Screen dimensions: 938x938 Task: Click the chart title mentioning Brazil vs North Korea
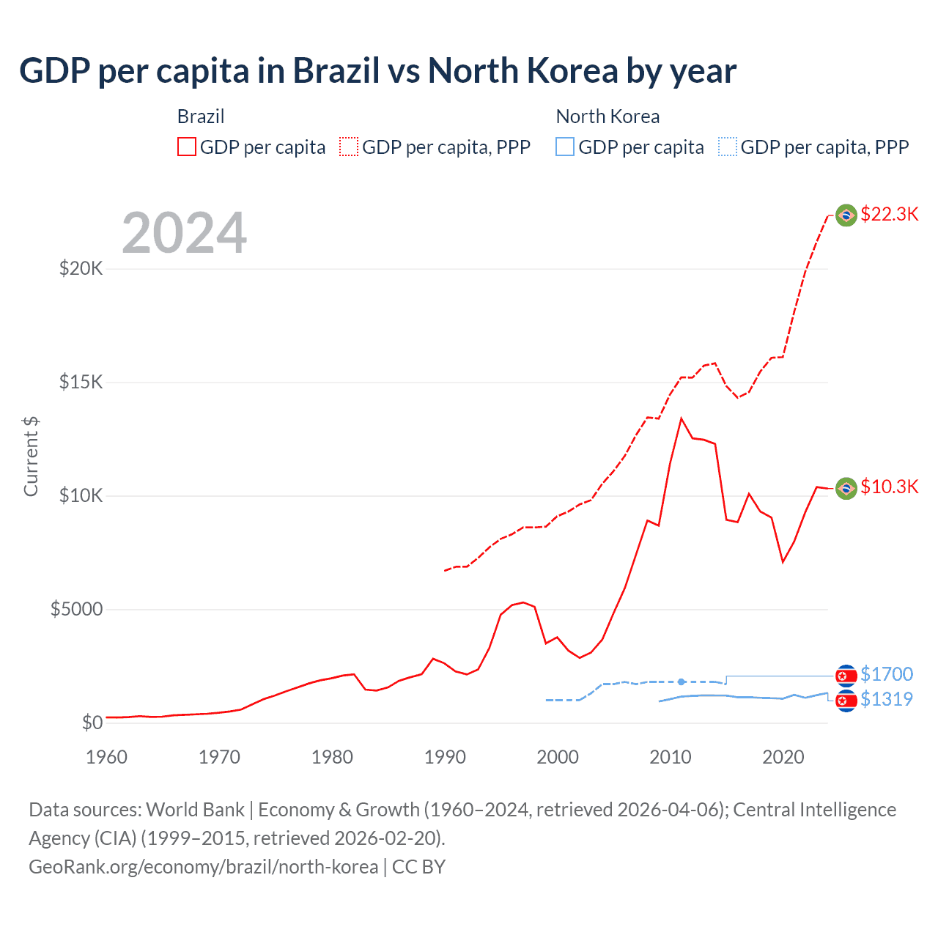(x=377, y=71)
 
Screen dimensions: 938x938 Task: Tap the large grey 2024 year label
(x=184, y=233)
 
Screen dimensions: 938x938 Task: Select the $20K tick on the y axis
(x=81, y=268)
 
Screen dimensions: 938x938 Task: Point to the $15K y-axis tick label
(x=81, y=382)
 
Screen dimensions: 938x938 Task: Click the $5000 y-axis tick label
(x=76, y=609)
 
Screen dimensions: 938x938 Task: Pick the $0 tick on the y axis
(x=92, y=723)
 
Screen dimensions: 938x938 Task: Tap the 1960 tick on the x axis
(x=107, y=757)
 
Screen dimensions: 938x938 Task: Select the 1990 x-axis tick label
(x=445, y=757)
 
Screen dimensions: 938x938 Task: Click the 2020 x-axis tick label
(x=783, y=757)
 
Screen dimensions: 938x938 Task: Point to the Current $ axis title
(x=31, y=456)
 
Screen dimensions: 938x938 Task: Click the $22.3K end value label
(x=889, y=214)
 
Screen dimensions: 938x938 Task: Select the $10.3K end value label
(x=889, y=487)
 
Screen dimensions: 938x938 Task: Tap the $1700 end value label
(x=886, y=673)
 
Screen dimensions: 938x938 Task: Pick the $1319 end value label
(x=886, y=699)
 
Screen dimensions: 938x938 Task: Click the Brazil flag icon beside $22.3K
(x=846, y=215)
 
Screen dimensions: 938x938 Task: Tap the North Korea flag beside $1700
(x=846, y=675)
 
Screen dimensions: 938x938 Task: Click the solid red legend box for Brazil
(x=187, y=147)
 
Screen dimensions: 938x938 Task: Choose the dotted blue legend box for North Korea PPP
(x=728, y=147)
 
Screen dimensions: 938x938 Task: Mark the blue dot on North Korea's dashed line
(x=682, y=682)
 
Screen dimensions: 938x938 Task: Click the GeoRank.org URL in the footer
(x=203, y=866)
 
